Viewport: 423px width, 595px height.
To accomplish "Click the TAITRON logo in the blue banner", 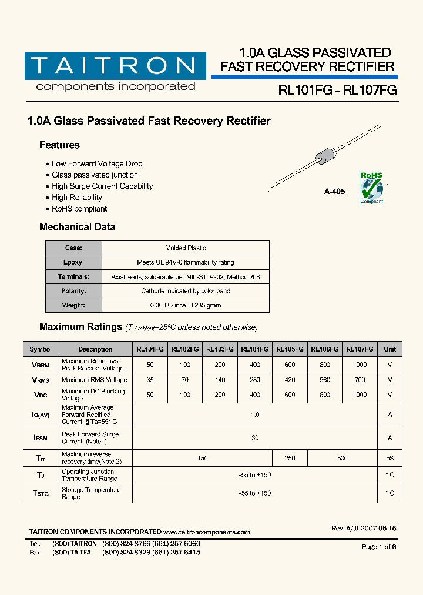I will click(x=115, y=65).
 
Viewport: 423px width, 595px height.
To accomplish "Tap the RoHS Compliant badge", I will click(x=371, y=188).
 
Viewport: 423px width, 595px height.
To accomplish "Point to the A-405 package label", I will click(x=334, y=192).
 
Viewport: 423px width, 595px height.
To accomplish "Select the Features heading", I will click(x=59, y=145).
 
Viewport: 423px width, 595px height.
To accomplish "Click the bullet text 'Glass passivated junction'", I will click(x=95, y=175).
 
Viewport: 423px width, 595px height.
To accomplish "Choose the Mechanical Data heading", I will click(x=77, y=227).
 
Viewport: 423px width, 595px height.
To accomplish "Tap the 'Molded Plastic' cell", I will click(x=185, y=248).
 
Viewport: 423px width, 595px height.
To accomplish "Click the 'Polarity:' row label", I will click(x=73, y=291).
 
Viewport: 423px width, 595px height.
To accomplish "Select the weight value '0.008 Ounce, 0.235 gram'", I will click(x=185, y=305).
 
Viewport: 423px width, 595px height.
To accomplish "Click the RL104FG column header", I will click(x=255, y=349).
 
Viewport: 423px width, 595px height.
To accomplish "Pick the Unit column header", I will click(x=390, y=349).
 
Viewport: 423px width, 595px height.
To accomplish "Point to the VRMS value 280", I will click(x=255, y=380).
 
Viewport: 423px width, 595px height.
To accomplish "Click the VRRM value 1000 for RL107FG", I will click(x=360, y=365).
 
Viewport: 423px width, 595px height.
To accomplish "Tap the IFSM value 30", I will click(x=255, y=437).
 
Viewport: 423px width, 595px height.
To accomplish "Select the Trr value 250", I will click(x=290, y=458).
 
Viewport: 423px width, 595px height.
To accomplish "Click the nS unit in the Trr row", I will click(x=390, y=458).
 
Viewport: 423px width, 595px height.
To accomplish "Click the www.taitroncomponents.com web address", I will click(x=206, y=532).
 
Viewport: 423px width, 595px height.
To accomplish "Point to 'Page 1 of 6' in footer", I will click(x=379, y=547).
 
